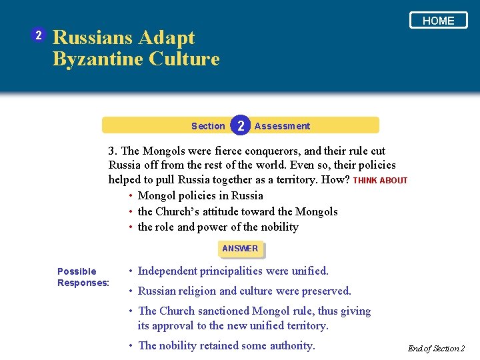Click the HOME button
coord(438,21)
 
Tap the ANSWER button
coord(240,249)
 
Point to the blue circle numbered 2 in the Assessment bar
coord(241,125)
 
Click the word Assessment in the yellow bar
coord(282,126)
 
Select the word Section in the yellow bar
coord(208,126)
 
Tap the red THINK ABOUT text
coord(380,181)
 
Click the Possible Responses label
coord(83,277)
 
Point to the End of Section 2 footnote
coord(436,349)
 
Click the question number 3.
coord(113,151)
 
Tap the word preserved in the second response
coord(325,291)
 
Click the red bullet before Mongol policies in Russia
coord(130,196)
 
